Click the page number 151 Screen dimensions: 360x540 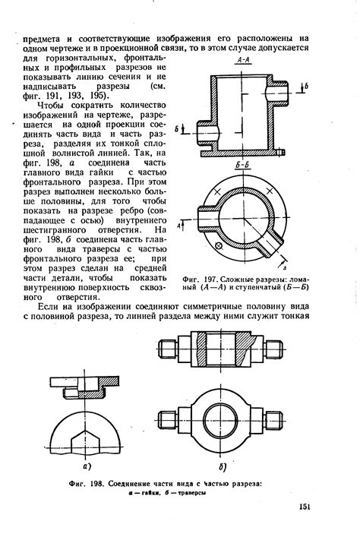pos(305,507)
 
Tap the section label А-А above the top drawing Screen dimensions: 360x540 pos(243,61)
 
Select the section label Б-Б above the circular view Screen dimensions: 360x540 pos(243,166)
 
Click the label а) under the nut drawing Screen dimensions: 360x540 pos(87,466)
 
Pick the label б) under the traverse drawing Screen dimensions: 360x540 pos(223,467)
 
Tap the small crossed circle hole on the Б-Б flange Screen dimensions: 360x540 pos(218,245)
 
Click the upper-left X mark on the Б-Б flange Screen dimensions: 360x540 pos(217,191)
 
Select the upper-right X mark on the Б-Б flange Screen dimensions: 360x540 pos(270,191)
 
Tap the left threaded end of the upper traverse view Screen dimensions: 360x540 pos(168,349)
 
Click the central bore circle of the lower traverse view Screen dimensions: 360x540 pos(220,420)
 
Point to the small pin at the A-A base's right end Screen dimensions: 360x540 pos(281,152)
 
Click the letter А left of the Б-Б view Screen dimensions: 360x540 pos(178,226)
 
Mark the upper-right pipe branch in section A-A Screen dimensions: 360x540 pos(278,91)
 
